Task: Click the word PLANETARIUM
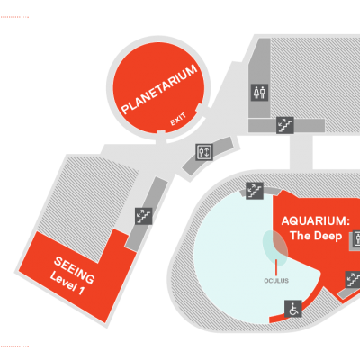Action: pyautogui.click(x=159, y=89)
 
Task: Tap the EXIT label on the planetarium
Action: pyautogui.click(x=178, y=120)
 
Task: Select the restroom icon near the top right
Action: pyautogui.click(x=260, y=93)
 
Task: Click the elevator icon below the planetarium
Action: pyautogui.click(x=204, y=152)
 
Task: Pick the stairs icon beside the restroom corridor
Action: pyautogui.click(x=285, y=125)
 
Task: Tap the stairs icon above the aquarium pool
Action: pyautogui.click(x=255, y=191)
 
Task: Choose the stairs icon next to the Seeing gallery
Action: pyautogui.click(x=144, y=216)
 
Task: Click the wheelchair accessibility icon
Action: pyautogui.click(x=293, y=309)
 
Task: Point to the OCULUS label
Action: pyautogui.click(x=276, y=281)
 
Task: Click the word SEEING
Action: pyautogui.click(x=74, y=270)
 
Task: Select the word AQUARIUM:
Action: pyautogui.click(x=316, y=221)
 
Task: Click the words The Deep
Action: pyautogui.click(x=316, y=236)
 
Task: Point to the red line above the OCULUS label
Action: pyautogui.click(x=276, y=266)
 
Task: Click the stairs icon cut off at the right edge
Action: pyautogui.click(x=353, y=280)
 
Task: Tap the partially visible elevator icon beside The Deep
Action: pyautogui.click(x=355, y=240)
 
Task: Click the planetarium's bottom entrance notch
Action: pyautogui.click(x=161, y=133)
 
